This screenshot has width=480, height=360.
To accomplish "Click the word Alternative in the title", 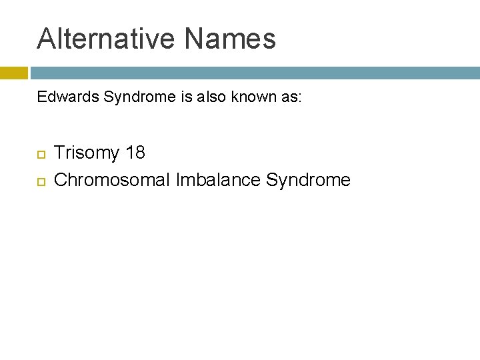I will click(x=107, y=39).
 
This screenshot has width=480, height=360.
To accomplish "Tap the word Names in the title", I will click(x=230, y=39).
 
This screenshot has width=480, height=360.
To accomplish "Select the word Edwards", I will click(x=61, y=97).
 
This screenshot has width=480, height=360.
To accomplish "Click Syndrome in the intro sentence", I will click(x=141, y=97).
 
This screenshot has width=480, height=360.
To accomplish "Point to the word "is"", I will click(x=186, y=97).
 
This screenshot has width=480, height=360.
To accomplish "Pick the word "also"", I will click(x=211, y=97).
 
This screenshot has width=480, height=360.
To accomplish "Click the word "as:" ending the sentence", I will click(x=290, y=97).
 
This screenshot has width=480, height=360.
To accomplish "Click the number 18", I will click(x=135, y=153).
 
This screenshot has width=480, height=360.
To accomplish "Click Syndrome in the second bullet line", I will click(x=308, y=180).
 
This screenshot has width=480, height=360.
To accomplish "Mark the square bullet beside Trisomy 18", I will click(x=41, y=154).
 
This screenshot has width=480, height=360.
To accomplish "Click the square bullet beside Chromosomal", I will click(x=41, y=181).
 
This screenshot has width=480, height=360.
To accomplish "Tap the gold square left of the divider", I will click(x=13, y=73).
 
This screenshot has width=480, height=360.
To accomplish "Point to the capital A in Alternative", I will click(x=46, y=39).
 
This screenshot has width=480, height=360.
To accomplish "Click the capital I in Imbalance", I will click(x=179, y=179).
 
